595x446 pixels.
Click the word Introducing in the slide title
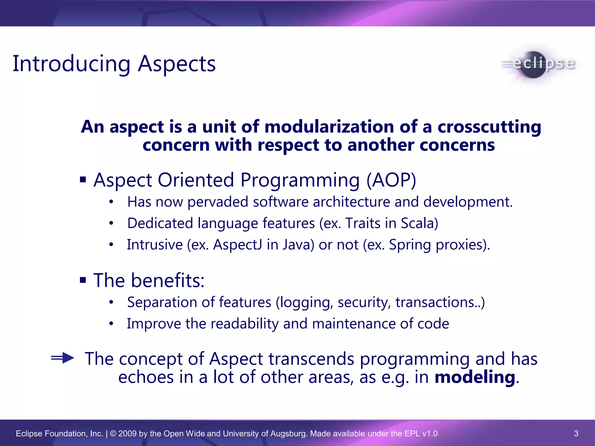click(71, 64)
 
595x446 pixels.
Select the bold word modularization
click(329, 127)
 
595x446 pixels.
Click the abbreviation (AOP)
click(391, 180)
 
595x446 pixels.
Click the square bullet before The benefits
click(83, 280)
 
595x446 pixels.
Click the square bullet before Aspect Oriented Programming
click(83, 180)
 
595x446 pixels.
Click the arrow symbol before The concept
click(63, 358)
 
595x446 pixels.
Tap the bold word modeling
click(475, 377)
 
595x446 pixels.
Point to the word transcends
click(311, 359)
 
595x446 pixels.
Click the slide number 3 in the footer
click(576, 434)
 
